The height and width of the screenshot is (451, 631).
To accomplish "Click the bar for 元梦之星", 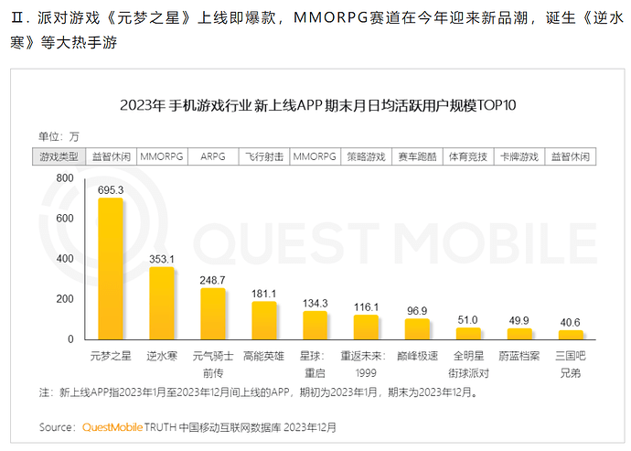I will (x=111, y=268).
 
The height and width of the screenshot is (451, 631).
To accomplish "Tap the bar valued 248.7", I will (x=213, y=313).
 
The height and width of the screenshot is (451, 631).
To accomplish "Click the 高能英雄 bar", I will (x=264, y=320).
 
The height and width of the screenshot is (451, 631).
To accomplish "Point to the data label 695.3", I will (x=111, y=189).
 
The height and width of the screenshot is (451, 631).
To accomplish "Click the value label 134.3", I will (x=315, y=303).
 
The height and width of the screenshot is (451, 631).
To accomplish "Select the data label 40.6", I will (x=571, y=321).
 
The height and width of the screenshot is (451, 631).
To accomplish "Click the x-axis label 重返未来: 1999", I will (x=366, y=360).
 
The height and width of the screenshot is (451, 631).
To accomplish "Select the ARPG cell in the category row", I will (x=213, y=156).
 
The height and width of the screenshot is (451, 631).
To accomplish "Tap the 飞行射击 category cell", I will (x=264, y=156).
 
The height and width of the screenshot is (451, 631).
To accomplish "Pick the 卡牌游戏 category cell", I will (x=519, y=156).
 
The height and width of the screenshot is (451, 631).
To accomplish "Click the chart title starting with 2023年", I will (x=317, y=105).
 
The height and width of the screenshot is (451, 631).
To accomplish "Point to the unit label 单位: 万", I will (x=59, y=136).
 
